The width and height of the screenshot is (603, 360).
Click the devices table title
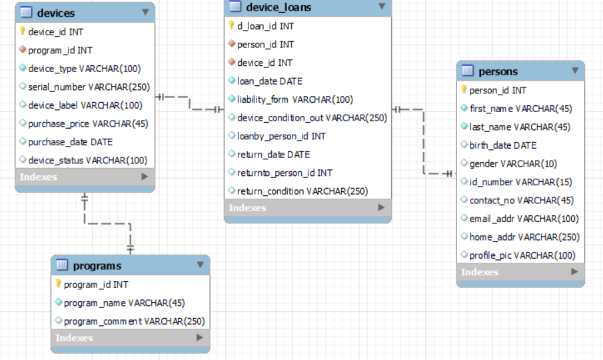point(56,13)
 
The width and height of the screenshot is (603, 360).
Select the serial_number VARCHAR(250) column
point(89,87)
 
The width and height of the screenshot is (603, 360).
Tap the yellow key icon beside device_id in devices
point(22,31)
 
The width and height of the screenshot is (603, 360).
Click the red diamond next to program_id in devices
point(23,49)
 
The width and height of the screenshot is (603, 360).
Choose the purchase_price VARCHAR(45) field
point(88,123)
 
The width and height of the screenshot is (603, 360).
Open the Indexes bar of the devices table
point(85,177)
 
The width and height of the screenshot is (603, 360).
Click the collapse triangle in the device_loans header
point(382,6)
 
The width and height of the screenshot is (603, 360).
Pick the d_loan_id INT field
point(265,26)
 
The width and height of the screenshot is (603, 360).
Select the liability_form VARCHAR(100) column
point(295,99)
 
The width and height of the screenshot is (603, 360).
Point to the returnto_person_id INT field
point(285,173)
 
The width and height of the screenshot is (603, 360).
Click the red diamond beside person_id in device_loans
point(231,43)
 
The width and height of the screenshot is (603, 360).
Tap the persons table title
point(498,71)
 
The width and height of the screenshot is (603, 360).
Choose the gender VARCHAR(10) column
point(513,164)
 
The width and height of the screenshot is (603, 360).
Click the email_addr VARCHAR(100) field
point(524,219)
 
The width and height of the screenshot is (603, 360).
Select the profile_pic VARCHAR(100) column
point(522,255)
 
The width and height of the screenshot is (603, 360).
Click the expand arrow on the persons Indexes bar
point(574,271)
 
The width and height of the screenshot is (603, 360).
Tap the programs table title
point(97,266)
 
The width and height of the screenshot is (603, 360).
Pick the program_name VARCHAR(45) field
point(124,303)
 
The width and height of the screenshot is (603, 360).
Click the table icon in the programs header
point(62,265)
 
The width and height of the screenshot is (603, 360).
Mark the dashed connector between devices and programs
point(107,223)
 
